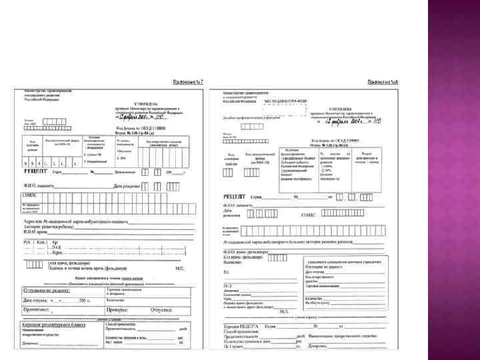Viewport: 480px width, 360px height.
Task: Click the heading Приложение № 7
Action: pos(187,81)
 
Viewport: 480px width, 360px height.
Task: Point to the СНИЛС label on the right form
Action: pos(309,214)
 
